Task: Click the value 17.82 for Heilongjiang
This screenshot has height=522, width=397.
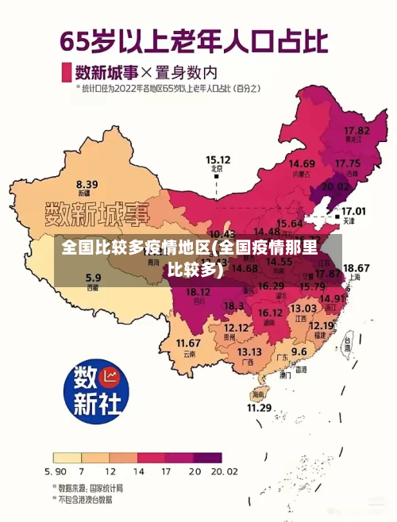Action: pos(357,129)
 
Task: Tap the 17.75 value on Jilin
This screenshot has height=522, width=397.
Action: pos(348,163)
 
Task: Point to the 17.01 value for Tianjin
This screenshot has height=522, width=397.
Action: pos(353,212)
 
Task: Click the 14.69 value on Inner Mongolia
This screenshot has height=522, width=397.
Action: pos(302,164)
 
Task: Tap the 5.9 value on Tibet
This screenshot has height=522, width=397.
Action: pos(94,278)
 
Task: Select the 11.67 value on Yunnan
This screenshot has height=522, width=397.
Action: pos(188,343)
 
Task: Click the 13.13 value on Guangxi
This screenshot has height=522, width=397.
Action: pos(249,351)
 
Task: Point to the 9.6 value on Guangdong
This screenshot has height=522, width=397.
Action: pos(299,351)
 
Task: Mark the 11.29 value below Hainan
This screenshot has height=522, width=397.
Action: pos(259,408)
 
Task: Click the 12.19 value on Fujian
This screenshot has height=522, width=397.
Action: pos(321,325)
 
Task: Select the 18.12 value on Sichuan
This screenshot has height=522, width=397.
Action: pos(198,292)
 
